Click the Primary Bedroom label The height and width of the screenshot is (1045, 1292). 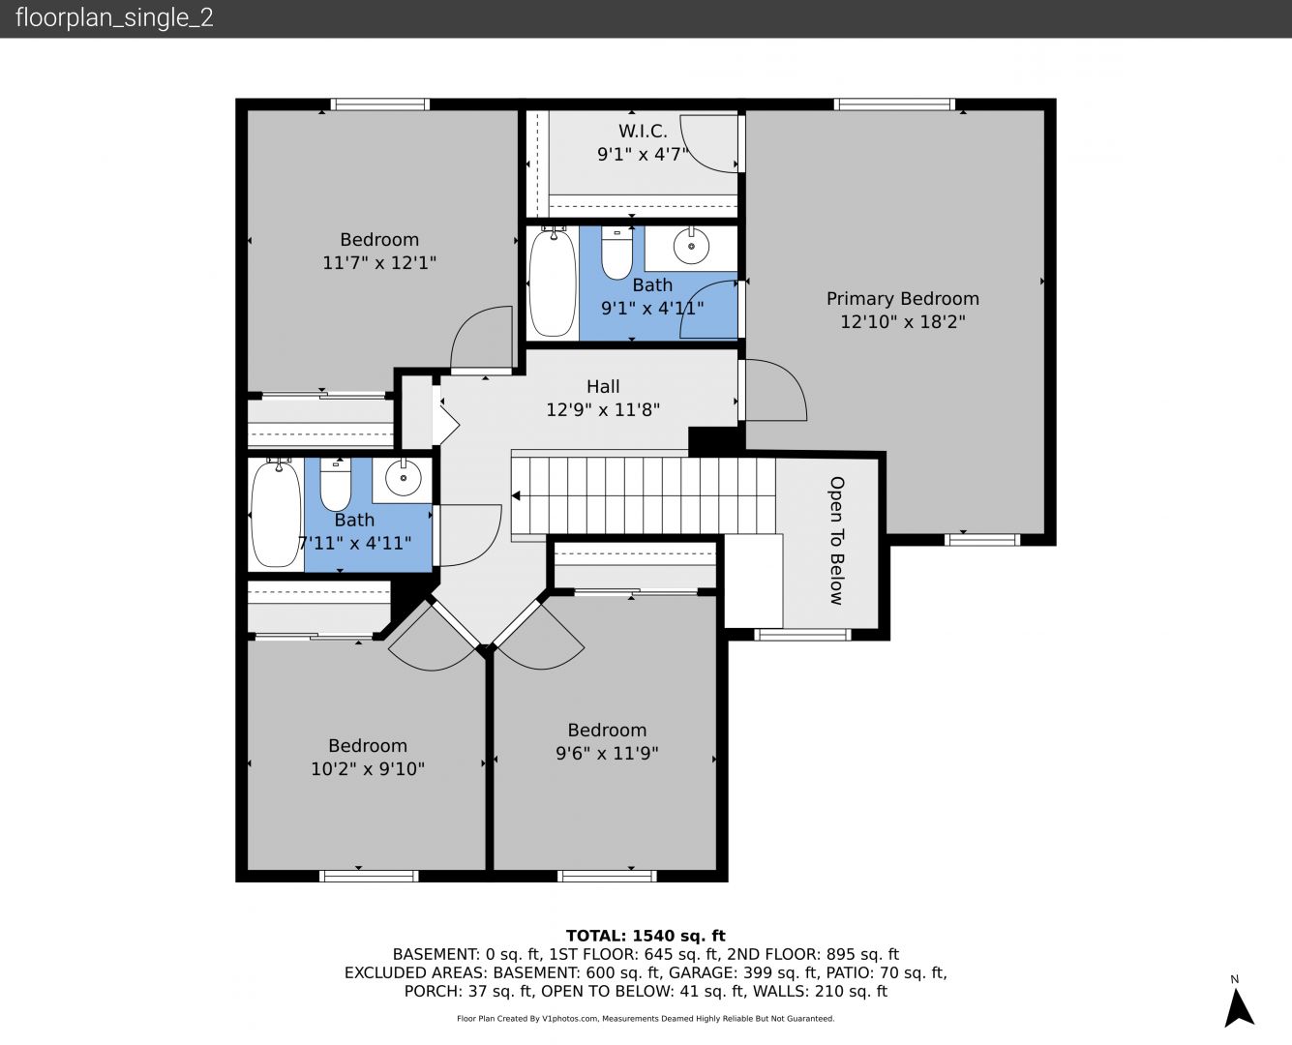[903, 298]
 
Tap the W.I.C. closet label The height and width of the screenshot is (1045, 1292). [643, 131]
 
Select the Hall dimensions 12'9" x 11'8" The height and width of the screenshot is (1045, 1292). [603, 409]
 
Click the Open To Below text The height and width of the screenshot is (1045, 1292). [837, 540]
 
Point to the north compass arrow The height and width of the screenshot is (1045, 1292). [1239, 1007]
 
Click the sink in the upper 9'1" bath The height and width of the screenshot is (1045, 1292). [691, 246]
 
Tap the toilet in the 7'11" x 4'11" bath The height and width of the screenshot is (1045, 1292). [336, 484]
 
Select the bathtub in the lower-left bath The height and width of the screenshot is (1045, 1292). [276, 513]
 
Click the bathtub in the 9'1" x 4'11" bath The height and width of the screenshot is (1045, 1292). [553, 282]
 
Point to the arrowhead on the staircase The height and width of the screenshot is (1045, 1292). [516, 496]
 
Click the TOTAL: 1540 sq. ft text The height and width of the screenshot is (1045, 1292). [646, 936]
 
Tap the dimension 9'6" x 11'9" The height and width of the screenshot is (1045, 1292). [607, 753]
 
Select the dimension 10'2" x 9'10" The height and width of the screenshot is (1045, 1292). [368, 769]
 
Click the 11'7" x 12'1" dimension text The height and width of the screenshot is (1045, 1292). [379, 262]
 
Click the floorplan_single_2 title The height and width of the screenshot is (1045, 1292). [114, 17]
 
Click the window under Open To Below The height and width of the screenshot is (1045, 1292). [802, 635]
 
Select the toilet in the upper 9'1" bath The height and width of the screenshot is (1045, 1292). [616, 253]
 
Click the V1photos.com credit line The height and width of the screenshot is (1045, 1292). [646, 1018]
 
